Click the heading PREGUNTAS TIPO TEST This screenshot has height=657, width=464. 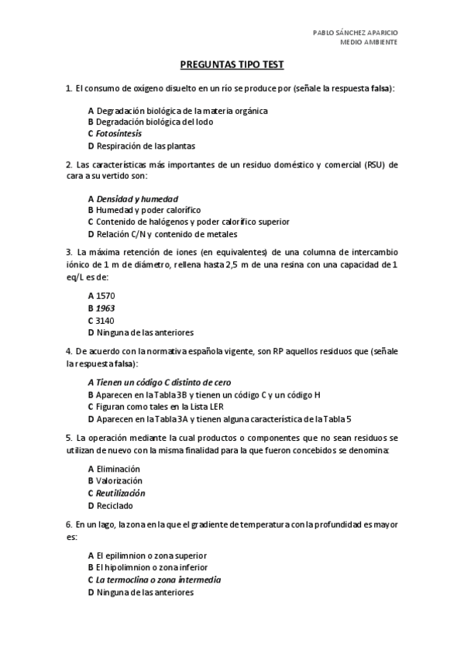pos(232,67)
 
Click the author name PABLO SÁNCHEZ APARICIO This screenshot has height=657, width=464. pos(355,33)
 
